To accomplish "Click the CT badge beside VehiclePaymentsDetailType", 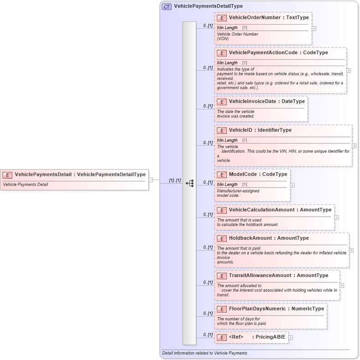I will [x=167, y=6].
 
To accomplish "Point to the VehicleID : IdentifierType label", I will [x=260, y=130].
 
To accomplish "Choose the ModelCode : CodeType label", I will [x=258, y=175].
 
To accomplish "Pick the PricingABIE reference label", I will [x=270, y=337].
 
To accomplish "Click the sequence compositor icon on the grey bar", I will [x=190, y=183].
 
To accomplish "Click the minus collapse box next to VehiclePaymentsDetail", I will [x=151, y=180].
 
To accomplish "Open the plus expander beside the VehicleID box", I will [x=355, y=146].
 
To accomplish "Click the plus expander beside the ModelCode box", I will [x=292, y=185].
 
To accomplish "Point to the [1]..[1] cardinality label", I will [x=175, y=180].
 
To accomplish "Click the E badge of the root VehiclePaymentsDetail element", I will [x=7, y=175].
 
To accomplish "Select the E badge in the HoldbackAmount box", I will [x=222, y=238].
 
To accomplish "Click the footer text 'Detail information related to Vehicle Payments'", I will [x=204, y=353].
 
